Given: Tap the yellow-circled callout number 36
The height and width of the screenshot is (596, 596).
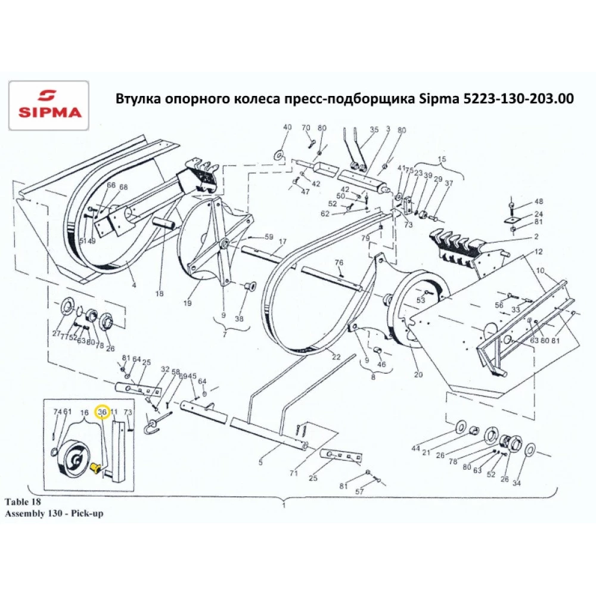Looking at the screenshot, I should click(102, 412).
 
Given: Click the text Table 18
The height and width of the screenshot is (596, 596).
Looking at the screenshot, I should click(23, 501).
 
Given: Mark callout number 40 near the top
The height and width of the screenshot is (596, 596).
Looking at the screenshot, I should click(287, 128).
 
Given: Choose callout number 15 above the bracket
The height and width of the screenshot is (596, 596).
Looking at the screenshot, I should click(442, 159).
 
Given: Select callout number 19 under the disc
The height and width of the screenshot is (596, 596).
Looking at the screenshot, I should click(187, 303).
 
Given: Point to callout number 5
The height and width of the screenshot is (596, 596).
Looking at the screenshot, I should click(260, 461).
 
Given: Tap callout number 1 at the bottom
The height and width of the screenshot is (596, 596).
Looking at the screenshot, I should click(284, 505).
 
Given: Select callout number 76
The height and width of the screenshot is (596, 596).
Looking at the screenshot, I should click(339, 262).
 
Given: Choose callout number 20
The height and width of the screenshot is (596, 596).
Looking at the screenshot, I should click(418, 375).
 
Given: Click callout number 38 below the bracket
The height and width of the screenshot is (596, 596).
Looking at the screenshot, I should click(239, 319).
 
